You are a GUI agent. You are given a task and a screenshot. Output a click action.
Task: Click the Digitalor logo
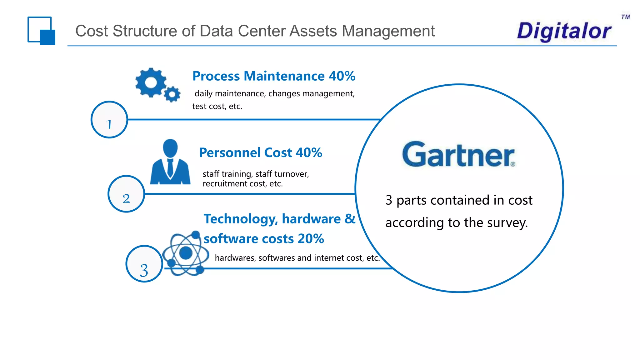pyautogui.click(x=564, y=31)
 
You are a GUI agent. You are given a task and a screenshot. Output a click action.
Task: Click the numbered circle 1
pyautogui.click(x=109, y=120)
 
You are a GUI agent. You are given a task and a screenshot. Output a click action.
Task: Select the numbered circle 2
pyautogui.click(x=126, y=194)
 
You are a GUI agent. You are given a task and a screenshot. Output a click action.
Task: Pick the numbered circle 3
pyautogui.click(x=144, y=264)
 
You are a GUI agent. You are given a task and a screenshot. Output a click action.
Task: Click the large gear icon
pyautogui.click(x=151, y=82)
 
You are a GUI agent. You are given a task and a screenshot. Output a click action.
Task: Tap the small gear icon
pyautogui.click(x=172, y=94)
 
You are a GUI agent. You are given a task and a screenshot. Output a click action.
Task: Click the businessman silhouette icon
pyautogui.click(x=170, y=162)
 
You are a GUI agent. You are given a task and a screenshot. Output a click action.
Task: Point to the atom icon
pyautogui.click(x=186, y=253)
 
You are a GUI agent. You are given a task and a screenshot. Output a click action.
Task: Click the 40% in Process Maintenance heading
pyautogui.click(x=342, y=76)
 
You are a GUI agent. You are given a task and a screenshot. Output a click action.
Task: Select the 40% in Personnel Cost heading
pyautogui.click(x=309, y=153)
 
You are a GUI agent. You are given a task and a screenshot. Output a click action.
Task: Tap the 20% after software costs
pyautogui.click(x=311, y=239)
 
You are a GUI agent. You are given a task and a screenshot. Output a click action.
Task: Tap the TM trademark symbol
pyautogui.click(x=625, y=17)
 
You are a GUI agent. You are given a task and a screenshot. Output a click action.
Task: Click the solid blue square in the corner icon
pyautogui.click(x=48, y=37)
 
